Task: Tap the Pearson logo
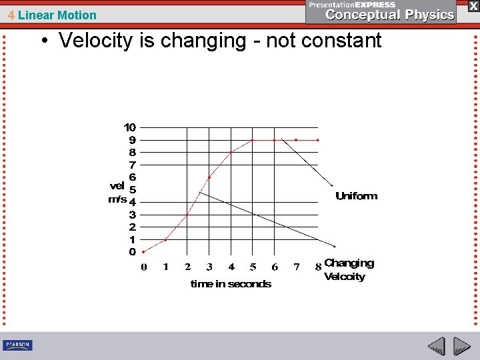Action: pos(17,345)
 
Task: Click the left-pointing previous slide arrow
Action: pos(436,346)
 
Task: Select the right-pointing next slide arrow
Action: pos(461,346)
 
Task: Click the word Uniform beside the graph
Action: pos(356,196)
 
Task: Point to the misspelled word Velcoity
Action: pos(344,277)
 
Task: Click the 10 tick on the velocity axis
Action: pos(130,127)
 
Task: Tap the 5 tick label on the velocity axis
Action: pos(132,189)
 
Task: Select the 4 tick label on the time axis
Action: pos(231,267)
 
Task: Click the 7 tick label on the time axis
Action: pos(297,267)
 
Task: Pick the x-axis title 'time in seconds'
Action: pos(231,284)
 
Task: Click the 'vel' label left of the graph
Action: pos(117,186)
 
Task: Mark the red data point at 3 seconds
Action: pos(209,177)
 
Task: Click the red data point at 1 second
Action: pos(165,239)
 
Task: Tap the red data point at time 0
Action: pos(143,252)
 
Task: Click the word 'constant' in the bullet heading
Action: pos(341,41)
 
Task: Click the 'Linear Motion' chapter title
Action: pos(57,15)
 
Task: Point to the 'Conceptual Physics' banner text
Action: pos(390,15)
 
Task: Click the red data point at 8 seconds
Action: pos(318,140)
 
